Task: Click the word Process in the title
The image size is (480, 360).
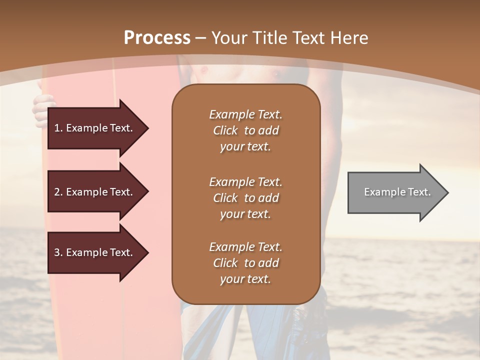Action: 157,38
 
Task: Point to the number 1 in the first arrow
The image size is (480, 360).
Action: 56,128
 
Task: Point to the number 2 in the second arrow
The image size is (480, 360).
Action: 57,192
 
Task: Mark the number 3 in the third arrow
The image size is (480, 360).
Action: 57,252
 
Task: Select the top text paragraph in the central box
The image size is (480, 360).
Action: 245,130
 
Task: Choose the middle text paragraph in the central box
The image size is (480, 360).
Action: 245,198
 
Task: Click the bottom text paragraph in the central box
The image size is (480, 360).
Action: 245,263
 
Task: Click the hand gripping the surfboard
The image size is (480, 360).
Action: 41,110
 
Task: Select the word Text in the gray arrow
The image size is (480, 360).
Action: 419,192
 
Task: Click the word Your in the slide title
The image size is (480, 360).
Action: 227,38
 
